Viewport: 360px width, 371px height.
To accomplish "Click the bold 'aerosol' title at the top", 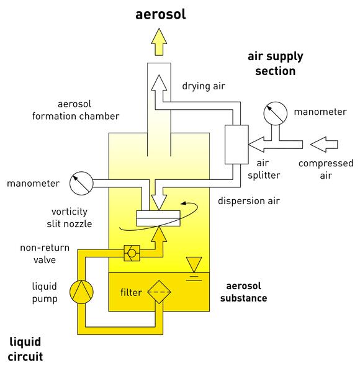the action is click(x=161, y=14).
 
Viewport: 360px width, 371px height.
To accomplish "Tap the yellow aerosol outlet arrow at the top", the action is click(x=159, y=42).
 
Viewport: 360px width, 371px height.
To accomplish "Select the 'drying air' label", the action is click(x=204, y=86).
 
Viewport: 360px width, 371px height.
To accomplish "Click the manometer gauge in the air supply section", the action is click(x=275, y=114).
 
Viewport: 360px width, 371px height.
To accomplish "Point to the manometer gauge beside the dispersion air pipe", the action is click(x=81, y=184).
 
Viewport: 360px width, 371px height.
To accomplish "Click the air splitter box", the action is click(x=236, y=145).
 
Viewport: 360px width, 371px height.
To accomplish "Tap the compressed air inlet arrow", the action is click(x=324, y=145).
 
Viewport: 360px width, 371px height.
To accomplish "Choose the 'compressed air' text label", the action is click(x=326, y=169).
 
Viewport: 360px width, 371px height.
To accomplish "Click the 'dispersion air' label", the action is click(x=249, y=201).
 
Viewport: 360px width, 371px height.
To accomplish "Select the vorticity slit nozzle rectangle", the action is click(x=158, y=218).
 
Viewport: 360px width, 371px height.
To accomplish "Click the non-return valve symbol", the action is click(x=132, y=253).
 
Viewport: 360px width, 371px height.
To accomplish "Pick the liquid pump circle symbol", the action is click(x=81, y=292).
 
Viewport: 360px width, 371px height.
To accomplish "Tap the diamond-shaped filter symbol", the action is click(x=159, y=292).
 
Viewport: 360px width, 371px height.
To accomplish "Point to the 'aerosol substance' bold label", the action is click(x=243, y=292).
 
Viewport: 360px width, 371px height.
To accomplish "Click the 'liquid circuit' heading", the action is click(x=25, y=349).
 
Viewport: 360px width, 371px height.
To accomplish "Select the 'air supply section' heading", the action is click(x=275, y=64).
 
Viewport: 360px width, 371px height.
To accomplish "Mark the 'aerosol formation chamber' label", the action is click(x=76, y=110).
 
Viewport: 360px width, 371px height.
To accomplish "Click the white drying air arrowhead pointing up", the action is click(x=159, y=83).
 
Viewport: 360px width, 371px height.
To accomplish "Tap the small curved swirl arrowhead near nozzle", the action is click(x=183, y=203).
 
